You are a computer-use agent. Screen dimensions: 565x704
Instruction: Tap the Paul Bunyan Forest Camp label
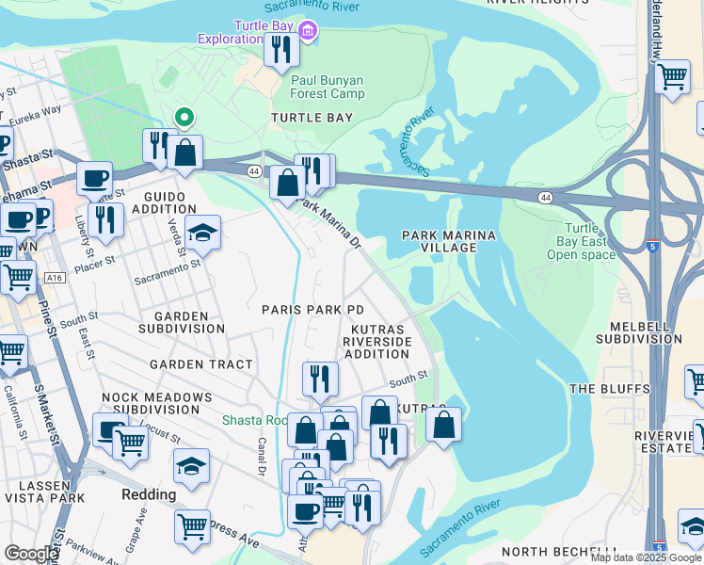tap(328, 88)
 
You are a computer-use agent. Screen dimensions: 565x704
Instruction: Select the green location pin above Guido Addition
tap(184, 118)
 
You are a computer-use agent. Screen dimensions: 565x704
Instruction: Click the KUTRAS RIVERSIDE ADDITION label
tap(377, 342)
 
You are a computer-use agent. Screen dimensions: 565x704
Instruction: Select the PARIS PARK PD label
tap(312, 310)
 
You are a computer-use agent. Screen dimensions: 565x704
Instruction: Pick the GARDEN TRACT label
tap(200, 364)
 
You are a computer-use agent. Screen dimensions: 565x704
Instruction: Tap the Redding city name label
tap(149, 494)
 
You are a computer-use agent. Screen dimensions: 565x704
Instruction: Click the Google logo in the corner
tap(30, 554)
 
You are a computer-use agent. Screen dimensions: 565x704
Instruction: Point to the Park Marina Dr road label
tap(329, 222)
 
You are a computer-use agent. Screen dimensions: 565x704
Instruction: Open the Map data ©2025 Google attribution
tap(645, 557)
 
